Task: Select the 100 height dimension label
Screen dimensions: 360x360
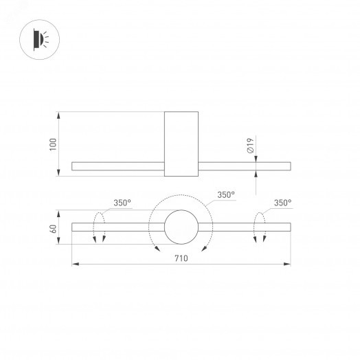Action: pyautogui.click(x=53, y=144)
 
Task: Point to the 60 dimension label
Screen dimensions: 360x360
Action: pyautogui.click(x=53, y=228)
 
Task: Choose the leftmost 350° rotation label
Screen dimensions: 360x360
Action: pyautogui.click(x=122, y=203)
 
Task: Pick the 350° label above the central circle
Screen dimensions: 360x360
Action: pyautogui.click(x=226, y=195)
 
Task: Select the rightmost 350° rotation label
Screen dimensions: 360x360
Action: pyautogui.click(x=282, y=203)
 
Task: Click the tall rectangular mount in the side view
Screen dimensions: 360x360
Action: pyautogui.click(x=182, y=144)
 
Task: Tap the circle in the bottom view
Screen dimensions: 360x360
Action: pyautogui.click(x=182, y=227)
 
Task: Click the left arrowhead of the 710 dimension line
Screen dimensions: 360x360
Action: pyautogui.click(x=76, y=263)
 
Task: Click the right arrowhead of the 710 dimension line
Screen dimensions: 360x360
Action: pyautogui.click(x=287, y=263)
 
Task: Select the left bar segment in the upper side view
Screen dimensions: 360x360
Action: pyautogui.click(x=117, y=166)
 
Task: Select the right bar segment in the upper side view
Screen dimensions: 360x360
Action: pyautogui.click(x=245, y=166)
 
